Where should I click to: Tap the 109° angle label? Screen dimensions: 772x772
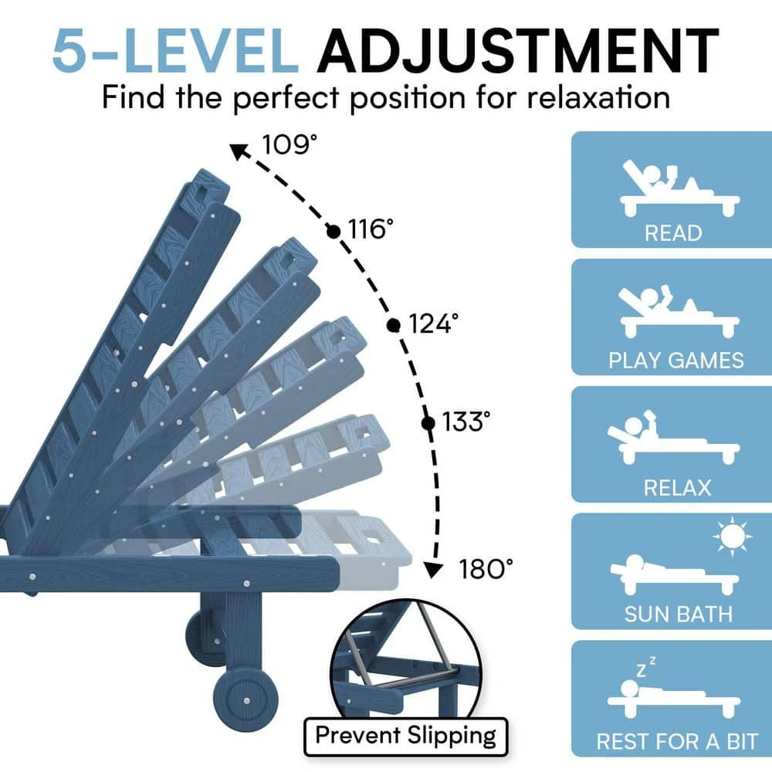point(289,144)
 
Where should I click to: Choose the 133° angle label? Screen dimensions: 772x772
point(466,422)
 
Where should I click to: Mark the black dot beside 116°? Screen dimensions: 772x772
point(334,230)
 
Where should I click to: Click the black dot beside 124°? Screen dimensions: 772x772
point(394,324)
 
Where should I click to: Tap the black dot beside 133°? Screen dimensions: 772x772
point(428,422)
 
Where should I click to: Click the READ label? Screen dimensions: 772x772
point(673,232)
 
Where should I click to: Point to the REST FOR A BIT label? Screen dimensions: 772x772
point(677,741)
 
